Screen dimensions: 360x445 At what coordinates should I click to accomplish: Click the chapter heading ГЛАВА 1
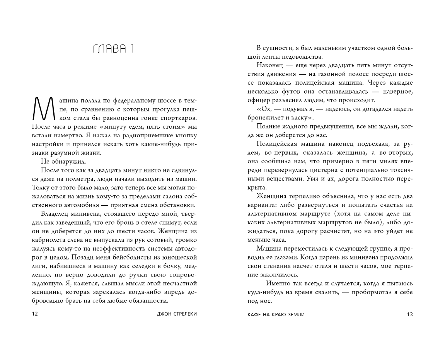[x=114, y=49]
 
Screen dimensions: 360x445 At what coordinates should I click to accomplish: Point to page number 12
[x=35, y=314]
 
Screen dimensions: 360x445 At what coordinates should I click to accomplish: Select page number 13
[x=410, y=314]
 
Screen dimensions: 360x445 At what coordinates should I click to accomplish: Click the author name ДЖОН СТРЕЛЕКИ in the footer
[x=175, y=314]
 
